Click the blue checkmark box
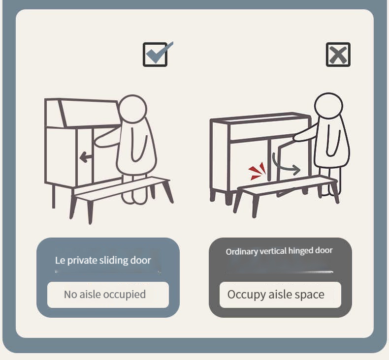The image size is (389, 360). (x=156, y=55)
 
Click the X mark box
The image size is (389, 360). (x=338, y=55)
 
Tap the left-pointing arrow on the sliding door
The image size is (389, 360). (x=86, y=157)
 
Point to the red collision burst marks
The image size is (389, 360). (x=257, y=171)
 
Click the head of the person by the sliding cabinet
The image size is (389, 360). (x=133, y=109)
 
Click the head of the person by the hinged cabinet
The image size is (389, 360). (x=328, y=106)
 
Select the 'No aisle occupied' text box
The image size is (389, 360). (x=108, y=295)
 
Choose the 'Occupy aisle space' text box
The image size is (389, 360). (x=280, y=295)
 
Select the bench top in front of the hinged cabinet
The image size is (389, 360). (x=288, y=185)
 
